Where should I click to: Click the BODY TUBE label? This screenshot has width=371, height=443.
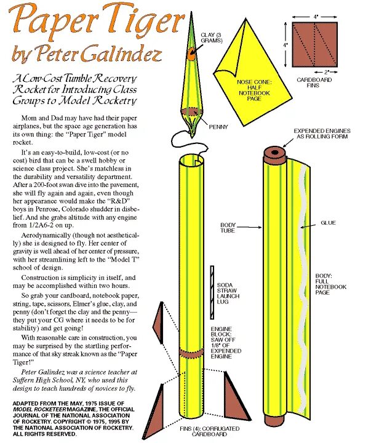click(229, 228)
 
